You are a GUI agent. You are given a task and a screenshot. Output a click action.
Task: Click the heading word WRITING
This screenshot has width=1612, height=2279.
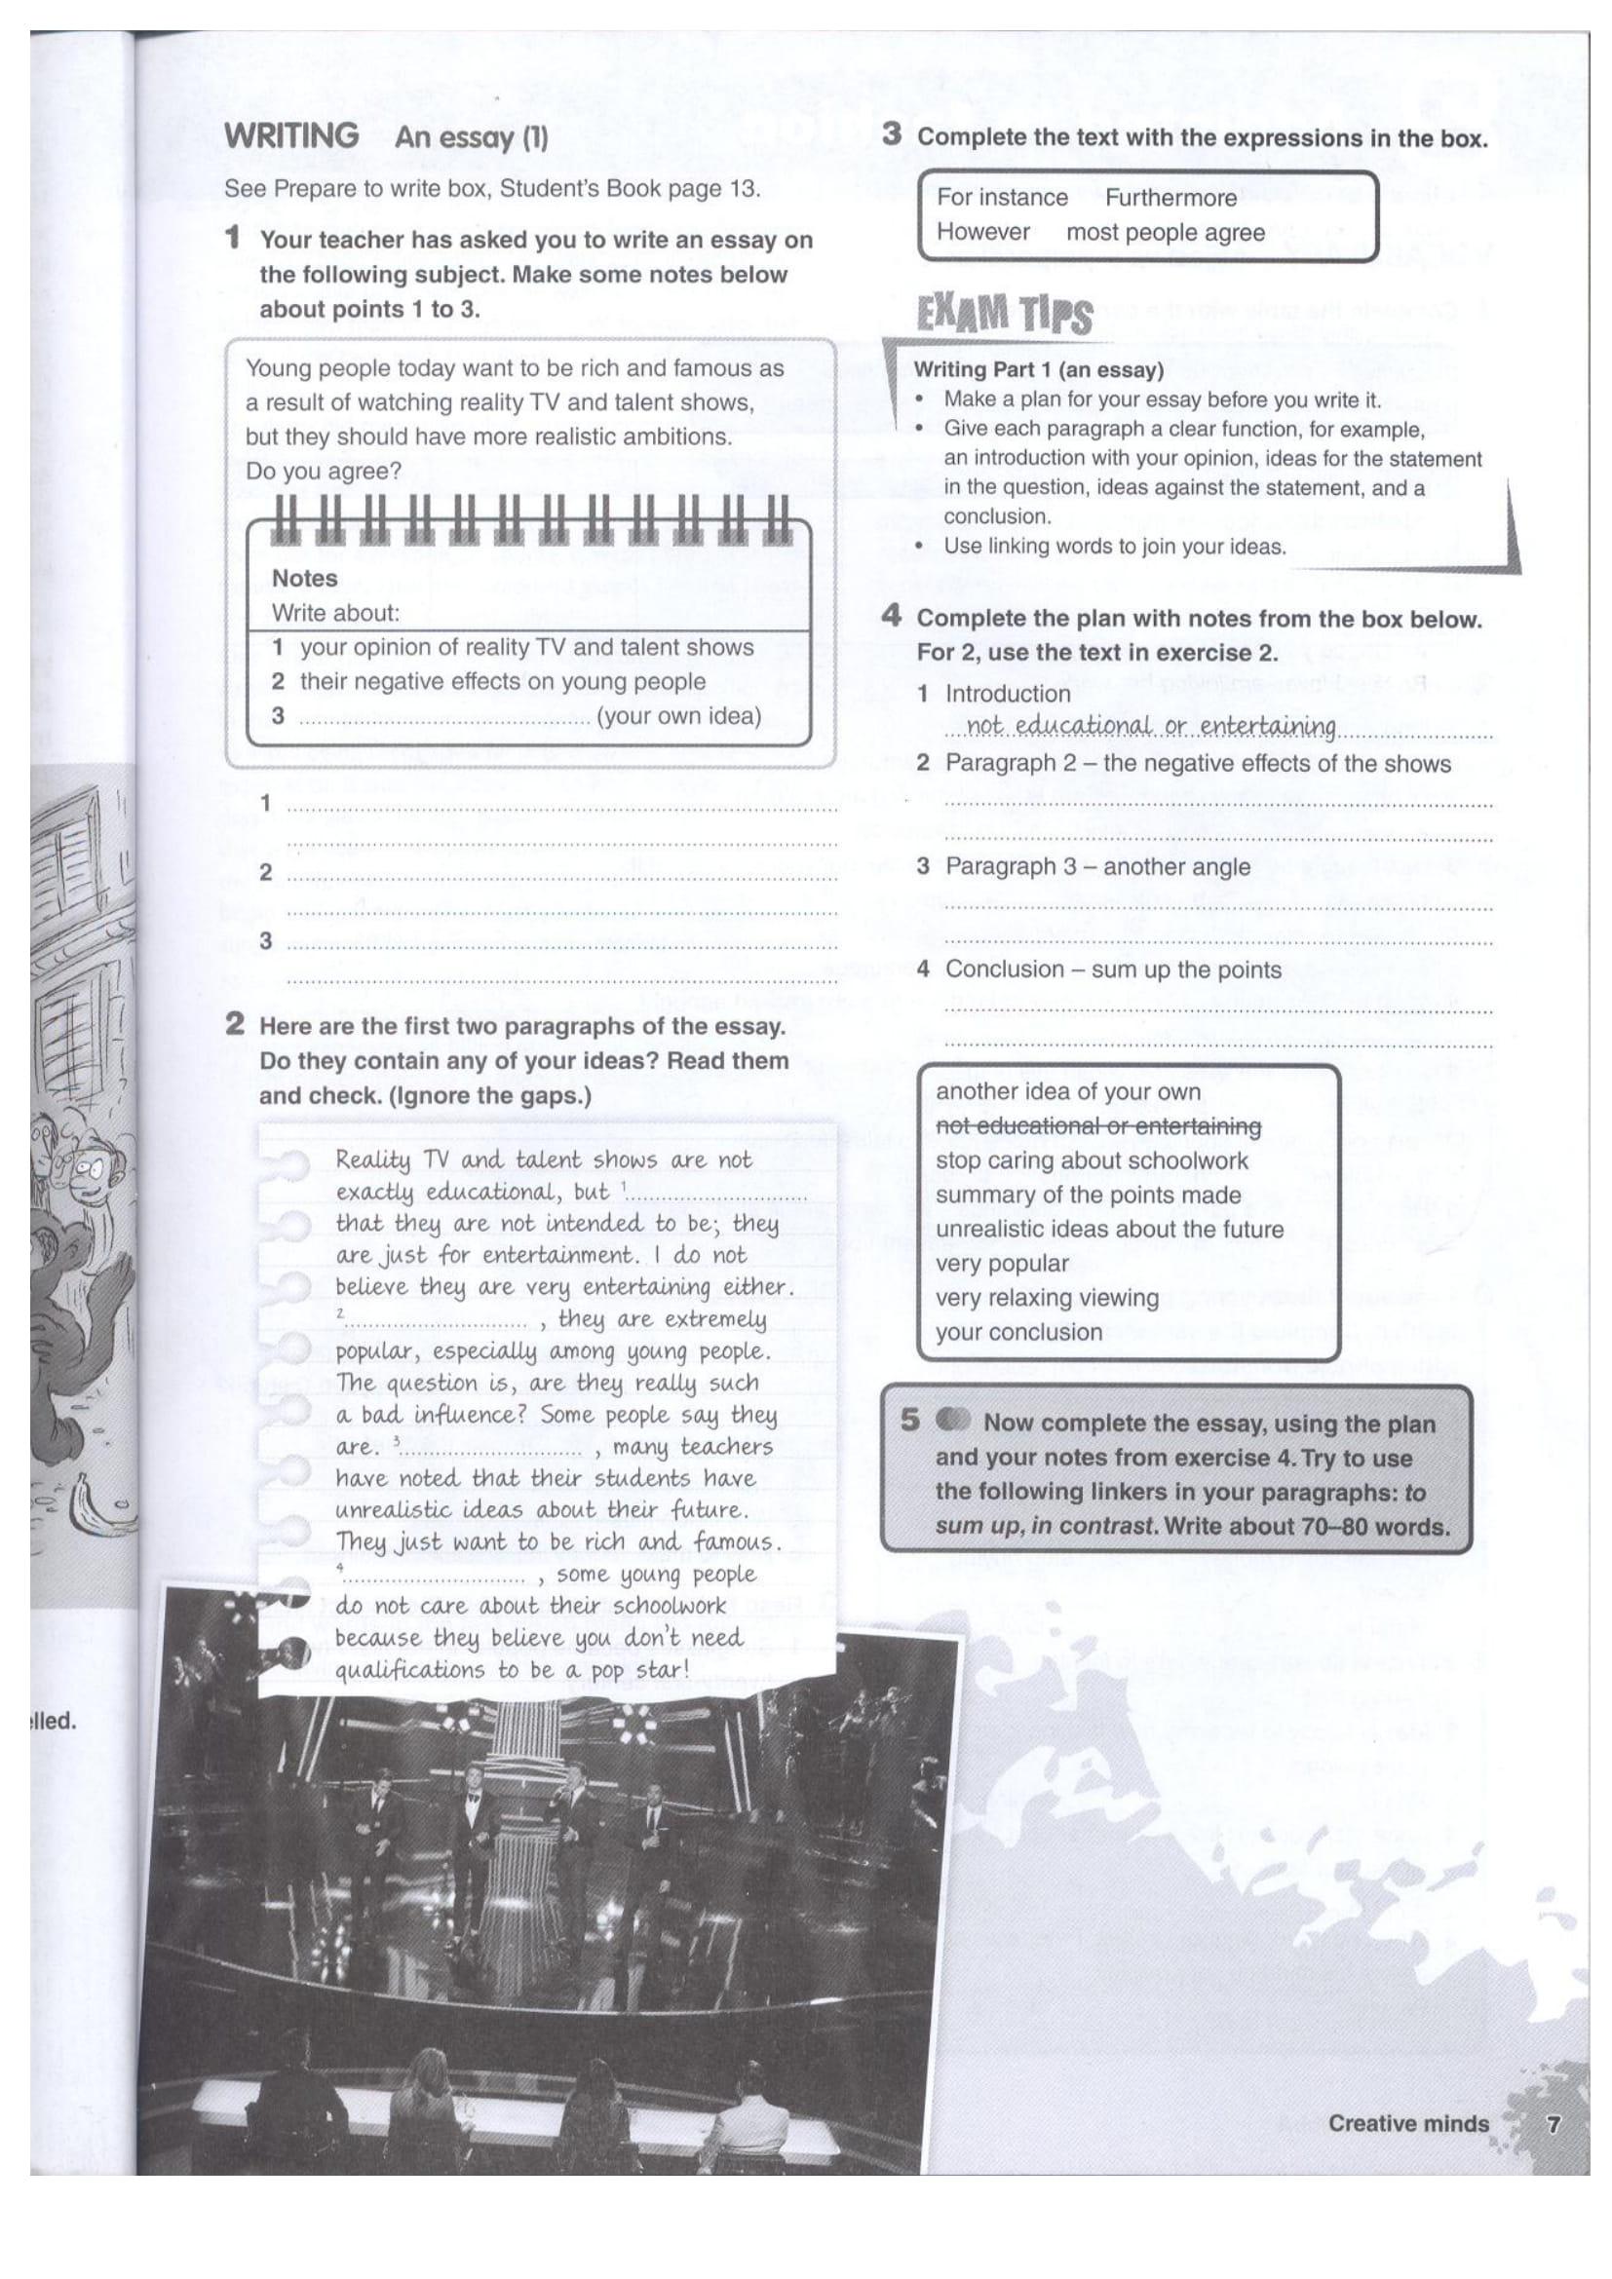pyautogui.click(x=291, y=135)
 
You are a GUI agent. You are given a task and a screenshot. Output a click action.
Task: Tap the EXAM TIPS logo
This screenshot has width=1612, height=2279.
pyautogui.click(x=1004, y=315)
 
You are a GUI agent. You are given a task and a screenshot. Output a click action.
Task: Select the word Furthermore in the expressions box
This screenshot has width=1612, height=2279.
pyautogui.click(x=1171, y=198)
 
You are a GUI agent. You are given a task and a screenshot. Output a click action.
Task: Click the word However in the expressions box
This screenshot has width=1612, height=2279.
pyautogui.click(x=982, y=232)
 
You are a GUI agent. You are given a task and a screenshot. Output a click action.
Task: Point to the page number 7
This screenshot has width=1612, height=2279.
pyautogui.click(x=1554, y=2123)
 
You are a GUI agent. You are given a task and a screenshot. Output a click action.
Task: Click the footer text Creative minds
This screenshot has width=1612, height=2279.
pyautogui.click(x=1407, y=2123)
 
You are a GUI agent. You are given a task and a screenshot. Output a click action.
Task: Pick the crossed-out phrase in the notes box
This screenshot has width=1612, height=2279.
pyautogui.click(x=1097, y=1125)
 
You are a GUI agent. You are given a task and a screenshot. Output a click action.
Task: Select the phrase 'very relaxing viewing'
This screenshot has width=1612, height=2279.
pyautogui.click(x=1046, y=1297)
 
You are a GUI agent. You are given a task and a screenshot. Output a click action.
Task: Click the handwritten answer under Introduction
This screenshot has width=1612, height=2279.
pyautogui.click(x=1150, y=726)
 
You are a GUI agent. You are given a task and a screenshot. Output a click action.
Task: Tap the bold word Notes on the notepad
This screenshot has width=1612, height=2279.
pyautogui.click(x=304, y=578)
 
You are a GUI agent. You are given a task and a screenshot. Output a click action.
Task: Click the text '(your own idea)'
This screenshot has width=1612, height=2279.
pyautogui.click(x=679, y=716)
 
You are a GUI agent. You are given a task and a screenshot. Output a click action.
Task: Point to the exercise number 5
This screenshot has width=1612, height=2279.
pyautogui.click(x=909, y=1421)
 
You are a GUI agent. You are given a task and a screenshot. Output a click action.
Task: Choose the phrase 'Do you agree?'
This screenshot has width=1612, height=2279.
pyautogui.click(x=324, y=471)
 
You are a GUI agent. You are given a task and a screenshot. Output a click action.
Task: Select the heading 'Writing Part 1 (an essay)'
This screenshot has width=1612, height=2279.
pyautogui.click(x=1038, y=370)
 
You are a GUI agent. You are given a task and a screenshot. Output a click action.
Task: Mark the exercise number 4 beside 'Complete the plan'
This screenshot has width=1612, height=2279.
pyautogui.click(x=892, y=617)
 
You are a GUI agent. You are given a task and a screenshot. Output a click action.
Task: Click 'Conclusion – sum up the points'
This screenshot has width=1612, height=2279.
pyautogui.click(x=1113, y=969)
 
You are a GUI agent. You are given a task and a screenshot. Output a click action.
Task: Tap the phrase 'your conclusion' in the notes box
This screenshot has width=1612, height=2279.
pyautogui.click(x=1018, y=1332)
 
